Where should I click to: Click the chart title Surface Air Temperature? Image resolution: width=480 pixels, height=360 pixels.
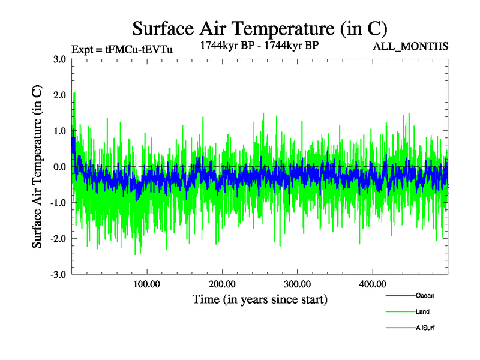coord(260,28)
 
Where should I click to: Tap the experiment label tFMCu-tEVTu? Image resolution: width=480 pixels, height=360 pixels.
coord(122,50)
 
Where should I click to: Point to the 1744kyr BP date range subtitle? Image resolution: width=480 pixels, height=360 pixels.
coord(259,44)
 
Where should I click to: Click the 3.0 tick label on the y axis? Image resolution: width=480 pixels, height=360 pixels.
coord(59,59)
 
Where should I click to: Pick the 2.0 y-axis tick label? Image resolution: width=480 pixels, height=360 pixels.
coord(59,95)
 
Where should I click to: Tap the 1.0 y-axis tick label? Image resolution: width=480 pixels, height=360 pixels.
coord(59,131)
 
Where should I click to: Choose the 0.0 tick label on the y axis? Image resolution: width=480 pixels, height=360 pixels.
coord(59,167)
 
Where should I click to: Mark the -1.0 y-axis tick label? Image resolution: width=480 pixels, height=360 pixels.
coord(58,203)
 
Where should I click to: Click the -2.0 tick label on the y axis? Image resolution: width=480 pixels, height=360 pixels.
coord(58,239)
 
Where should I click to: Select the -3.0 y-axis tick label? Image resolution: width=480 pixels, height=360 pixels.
coord(58,275)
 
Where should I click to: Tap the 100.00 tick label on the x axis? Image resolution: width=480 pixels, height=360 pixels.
coord(146,284)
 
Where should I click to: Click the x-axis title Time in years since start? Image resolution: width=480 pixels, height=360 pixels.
coord(260,299)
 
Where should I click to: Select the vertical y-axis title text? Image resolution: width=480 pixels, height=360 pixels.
coord(37,167)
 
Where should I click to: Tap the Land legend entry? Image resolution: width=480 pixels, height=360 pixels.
coord(422,311)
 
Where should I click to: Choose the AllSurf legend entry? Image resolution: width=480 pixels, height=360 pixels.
coord(425,328)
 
